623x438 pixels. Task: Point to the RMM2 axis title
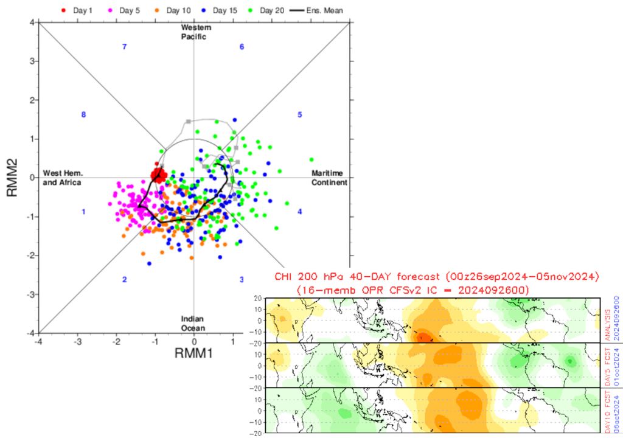11,177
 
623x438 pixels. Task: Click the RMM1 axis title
194,352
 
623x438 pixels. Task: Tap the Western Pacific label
194,32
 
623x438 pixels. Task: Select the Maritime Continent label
329,178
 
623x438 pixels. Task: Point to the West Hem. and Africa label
62,178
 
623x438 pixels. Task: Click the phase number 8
83,114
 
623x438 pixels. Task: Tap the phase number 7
124,47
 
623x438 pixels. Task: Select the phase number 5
299,114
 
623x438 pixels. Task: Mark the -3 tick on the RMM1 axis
78,342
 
